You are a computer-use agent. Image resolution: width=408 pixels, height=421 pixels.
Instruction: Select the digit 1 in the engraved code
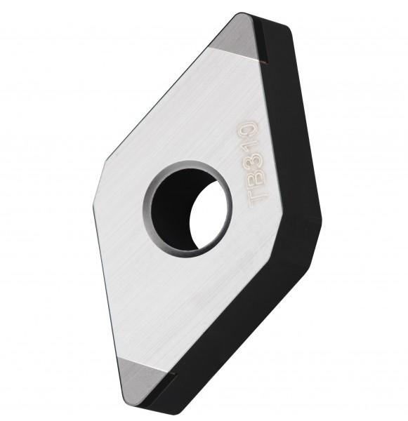click(249, 144)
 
